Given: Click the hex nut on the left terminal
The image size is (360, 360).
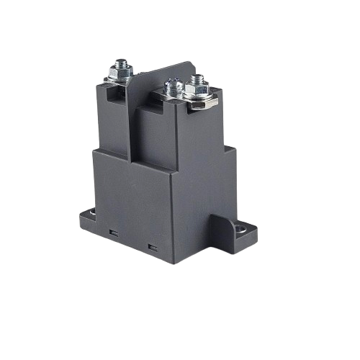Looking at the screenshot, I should tap(120, 73).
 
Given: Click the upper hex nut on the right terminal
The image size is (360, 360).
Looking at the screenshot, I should tap(196, 91).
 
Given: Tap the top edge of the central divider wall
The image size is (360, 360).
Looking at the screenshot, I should tap(155, 72).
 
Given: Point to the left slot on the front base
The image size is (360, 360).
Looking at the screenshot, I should tap(113, 233).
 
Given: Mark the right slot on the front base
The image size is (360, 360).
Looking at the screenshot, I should tap(152, 248).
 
